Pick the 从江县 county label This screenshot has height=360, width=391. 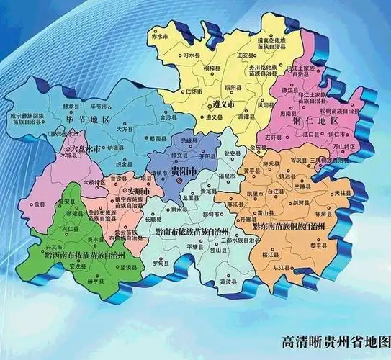(x=291, y=269)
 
